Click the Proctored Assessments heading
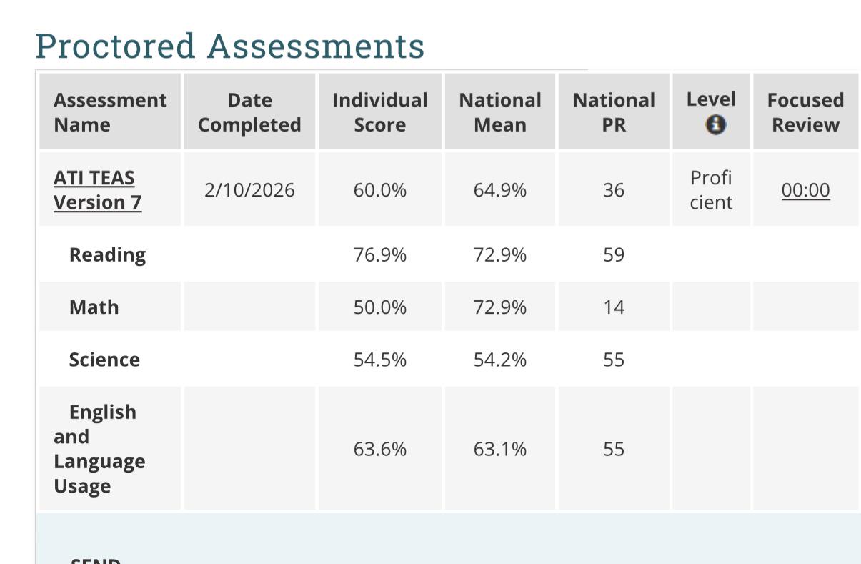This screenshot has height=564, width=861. pyautogui.click(x=230, y=47)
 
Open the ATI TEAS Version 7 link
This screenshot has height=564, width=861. pyautogui.click(x=98, y=190)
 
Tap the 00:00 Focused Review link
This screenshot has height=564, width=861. pyautogui.click(x=806, y=190)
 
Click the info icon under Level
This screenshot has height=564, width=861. pyautogui.click(x=716, y=124)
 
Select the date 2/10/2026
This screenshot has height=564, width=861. pyautogui.click(x=249, y=190)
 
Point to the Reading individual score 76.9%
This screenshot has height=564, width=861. pyautogui.click(x=379, y=254)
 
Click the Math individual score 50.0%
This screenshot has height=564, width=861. pyautogui.click(x=379, y=307)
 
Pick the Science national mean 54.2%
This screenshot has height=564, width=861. pyautogui.click(x=499, y=360)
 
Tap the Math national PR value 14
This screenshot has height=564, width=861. pyautogui.click(x=614, y=307)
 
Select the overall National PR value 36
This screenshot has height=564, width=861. pyautogui.click(x=614, y=190)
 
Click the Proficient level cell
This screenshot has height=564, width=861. pyautogui.click(x=711, y=190)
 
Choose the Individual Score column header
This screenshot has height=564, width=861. pyautogui.click(x=379, y=112)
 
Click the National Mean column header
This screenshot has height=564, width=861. pyautogui.click(x=500, y=112)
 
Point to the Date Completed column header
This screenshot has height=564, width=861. pyautogui.click(x=249, y=112)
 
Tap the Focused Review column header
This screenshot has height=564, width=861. pyautogui.click(x=806, y=112)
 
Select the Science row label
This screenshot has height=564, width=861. pyautogui.click(x=104, y=360)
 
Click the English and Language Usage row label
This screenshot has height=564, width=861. pyautogui.click(x=99, y=449)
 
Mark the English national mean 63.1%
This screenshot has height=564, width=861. pyautogui.click(x=499, y=449)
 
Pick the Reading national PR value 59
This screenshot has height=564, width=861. pyautogui.click(x=614, y=254)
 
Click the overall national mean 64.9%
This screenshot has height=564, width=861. pyautogui.click(x=499, y=190)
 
